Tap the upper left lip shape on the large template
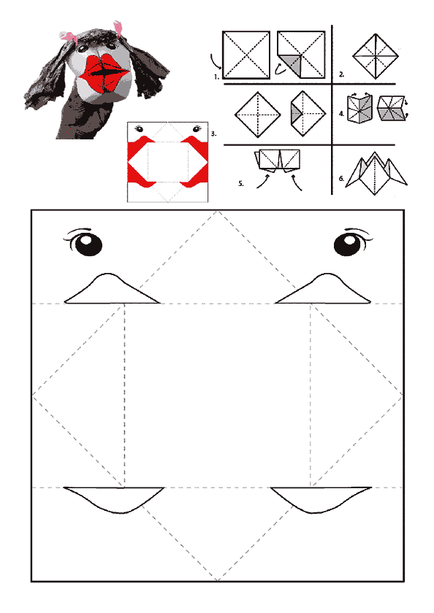pos(112,289)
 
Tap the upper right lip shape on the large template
pos(323,289)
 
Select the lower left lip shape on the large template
pos(114,499)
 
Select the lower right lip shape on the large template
pos(321,499)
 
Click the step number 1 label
pos(216,77)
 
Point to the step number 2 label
pos(342,74)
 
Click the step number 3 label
pos(213,134)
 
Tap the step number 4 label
pos(342,114)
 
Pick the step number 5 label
pos(241,183)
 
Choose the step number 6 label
pos(342,179)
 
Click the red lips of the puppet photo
pos(104,74)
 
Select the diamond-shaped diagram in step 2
pos(376,56)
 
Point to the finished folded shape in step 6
pos(376,173)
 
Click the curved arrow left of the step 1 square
pos(216,61)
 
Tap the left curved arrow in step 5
pos(262,182)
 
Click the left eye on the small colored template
pos(139,128)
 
